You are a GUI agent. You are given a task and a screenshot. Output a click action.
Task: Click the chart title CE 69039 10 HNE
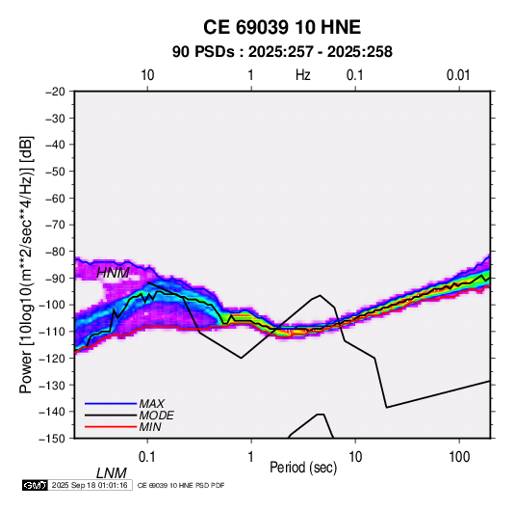point(282,27)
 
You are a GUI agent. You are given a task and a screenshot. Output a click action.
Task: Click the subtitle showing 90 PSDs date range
point(282,52)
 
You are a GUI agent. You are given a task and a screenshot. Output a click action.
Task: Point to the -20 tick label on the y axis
point(55,92)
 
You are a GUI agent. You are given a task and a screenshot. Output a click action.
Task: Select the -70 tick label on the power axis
point(55,225)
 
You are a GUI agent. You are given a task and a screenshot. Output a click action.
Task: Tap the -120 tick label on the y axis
point(52,359)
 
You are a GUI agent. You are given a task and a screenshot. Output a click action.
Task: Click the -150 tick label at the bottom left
point(52,439)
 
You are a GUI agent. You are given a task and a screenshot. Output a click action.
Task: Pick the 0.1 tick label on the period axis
point(147,457)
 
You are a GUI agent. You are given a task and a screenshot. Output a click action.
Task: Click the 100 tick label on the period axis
point(459,457)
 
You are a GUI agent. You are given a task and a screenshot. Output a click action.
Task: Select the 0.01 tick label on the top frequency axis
point(458,75)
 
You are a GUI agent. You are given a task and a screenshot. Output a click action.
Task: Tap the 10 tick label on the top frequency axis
point(147,75)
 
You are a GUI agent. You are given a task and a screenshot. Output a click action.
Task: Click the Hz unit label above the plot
point(303,75)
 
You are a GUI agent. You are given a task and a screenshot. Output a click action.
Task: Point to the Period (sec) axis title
point(303,468)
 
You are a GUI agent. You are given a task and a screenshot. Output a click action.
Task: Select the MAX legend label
point(152,404)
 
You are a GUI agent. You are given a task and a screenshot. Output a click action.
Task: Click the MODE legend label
point(156,416)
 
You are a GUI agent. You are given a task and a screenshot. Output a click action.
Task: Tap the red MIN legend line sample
point(111,427)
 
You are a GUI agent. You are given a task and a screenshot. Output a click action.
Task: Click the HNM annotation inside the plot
point(113,273)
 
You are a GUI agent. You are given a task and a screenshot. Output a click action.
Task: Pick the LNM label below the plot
point(112,473)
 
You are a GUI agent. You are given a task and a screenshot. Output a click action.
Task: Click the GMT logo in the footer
point(35,485)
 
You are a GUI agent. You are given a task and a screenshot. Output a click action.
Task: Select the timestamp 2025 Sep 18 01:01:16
point(90,485)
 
